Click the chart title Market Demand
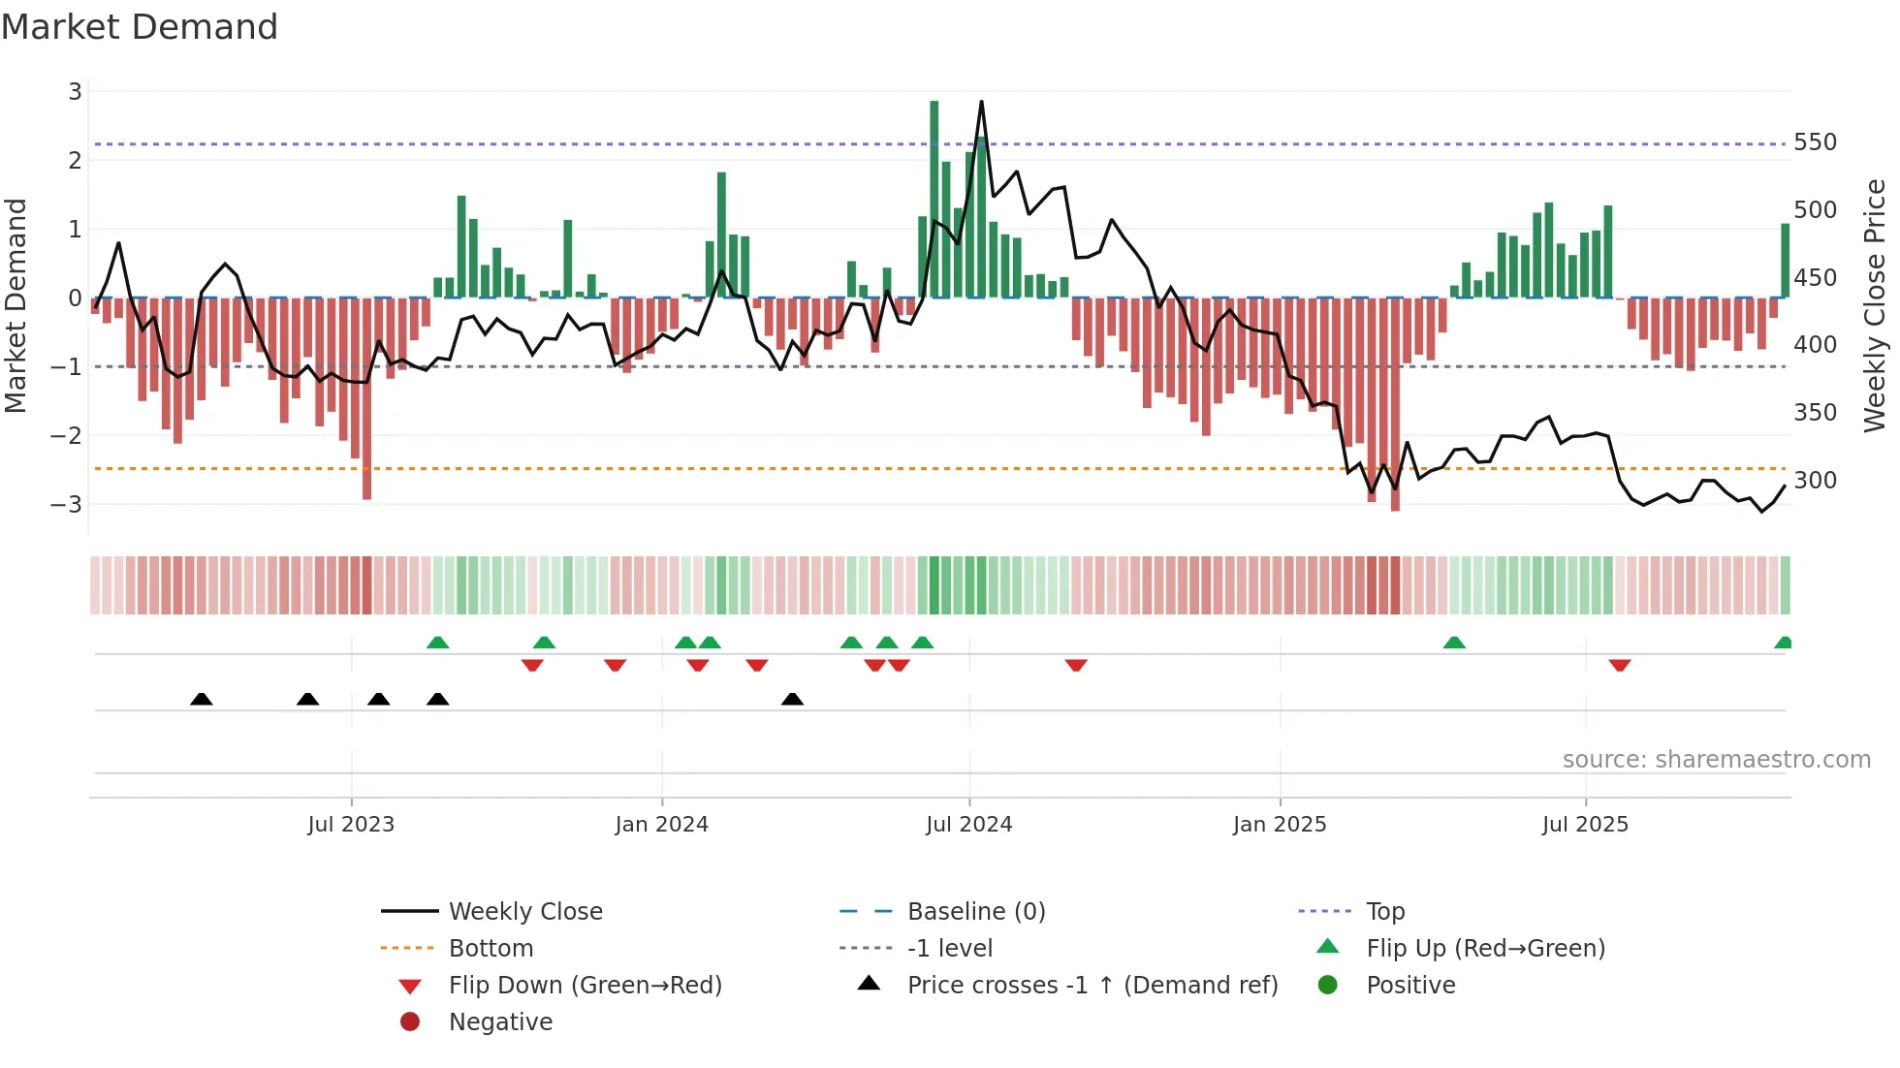coord(140,27)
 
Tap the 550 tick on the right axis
coord(1815,142)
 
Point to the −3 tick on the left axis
coord(67,505)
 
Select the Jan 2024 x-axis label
coord(661,825)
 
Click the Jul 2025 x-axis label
coord(1585,825)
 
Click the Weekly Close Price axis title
coord(1875,305)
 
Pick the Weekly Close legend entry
coord(524,912)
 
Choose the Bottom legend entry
coord(491,949)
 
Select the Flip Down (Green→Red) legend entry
coord(585,986)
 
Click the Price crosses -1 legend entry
coord(1092,986)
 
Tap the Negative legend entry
coord(500,1022)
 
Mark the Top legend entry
coord(1384,912)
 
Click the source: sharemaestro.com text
coord(1716,760)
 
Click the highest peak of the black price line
coord(981,102)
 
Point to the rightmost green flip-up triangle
coord(1783,643)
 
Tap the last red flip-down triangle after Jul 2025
coord(1619,666)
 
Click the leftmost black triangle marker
coord(202,699)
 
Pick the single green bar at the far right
coord(1785,260)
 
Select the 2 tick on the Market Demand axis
coord(75,161)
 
